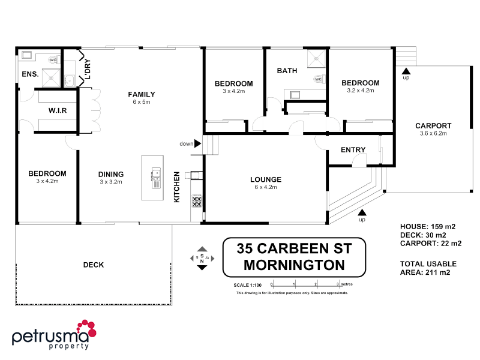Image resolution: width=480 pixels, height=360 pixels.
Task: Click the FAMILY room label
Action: pos(142,94)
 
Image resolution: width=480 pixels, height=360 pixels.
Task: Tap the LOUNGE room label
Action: pos(266,179)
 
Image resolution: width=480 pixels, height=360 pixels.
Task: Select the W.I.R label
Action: pos(57,111)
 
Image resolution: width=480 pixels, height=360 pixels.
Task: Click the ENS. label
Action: pos(30,74)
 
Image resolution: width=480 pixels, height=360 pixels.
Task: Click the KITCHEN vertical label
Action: pos(176,187)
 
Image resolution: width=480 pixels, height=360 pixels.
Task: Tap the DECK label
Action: pos(94,265)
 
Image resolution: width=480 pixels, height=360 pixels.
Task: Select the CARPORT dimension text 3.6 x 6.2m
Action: pos(433,134)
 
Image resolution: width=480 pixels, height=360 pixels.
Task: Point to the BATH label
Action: pos(287,71)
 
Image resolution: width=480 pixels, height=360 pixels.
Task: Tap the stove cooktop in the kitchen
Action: pos(197,201)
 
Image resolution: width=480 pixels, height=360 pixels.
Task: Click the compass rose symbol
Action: pos(202,258)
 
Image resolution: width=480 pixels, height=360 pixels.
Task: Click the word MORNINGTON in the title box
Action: pos(293,265)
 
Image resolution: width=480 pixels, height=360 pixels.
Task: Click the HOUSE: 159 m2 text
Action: pos(428,226)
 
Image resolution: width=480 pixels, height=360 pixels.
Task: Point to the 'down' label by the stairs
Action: pos(186,144)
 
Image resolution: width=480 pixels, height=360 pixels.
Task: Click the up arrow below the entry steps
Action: pos(362,212)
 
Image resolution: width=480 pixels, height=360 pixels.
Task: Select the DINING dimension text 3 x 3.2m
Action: pos(111,182)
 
